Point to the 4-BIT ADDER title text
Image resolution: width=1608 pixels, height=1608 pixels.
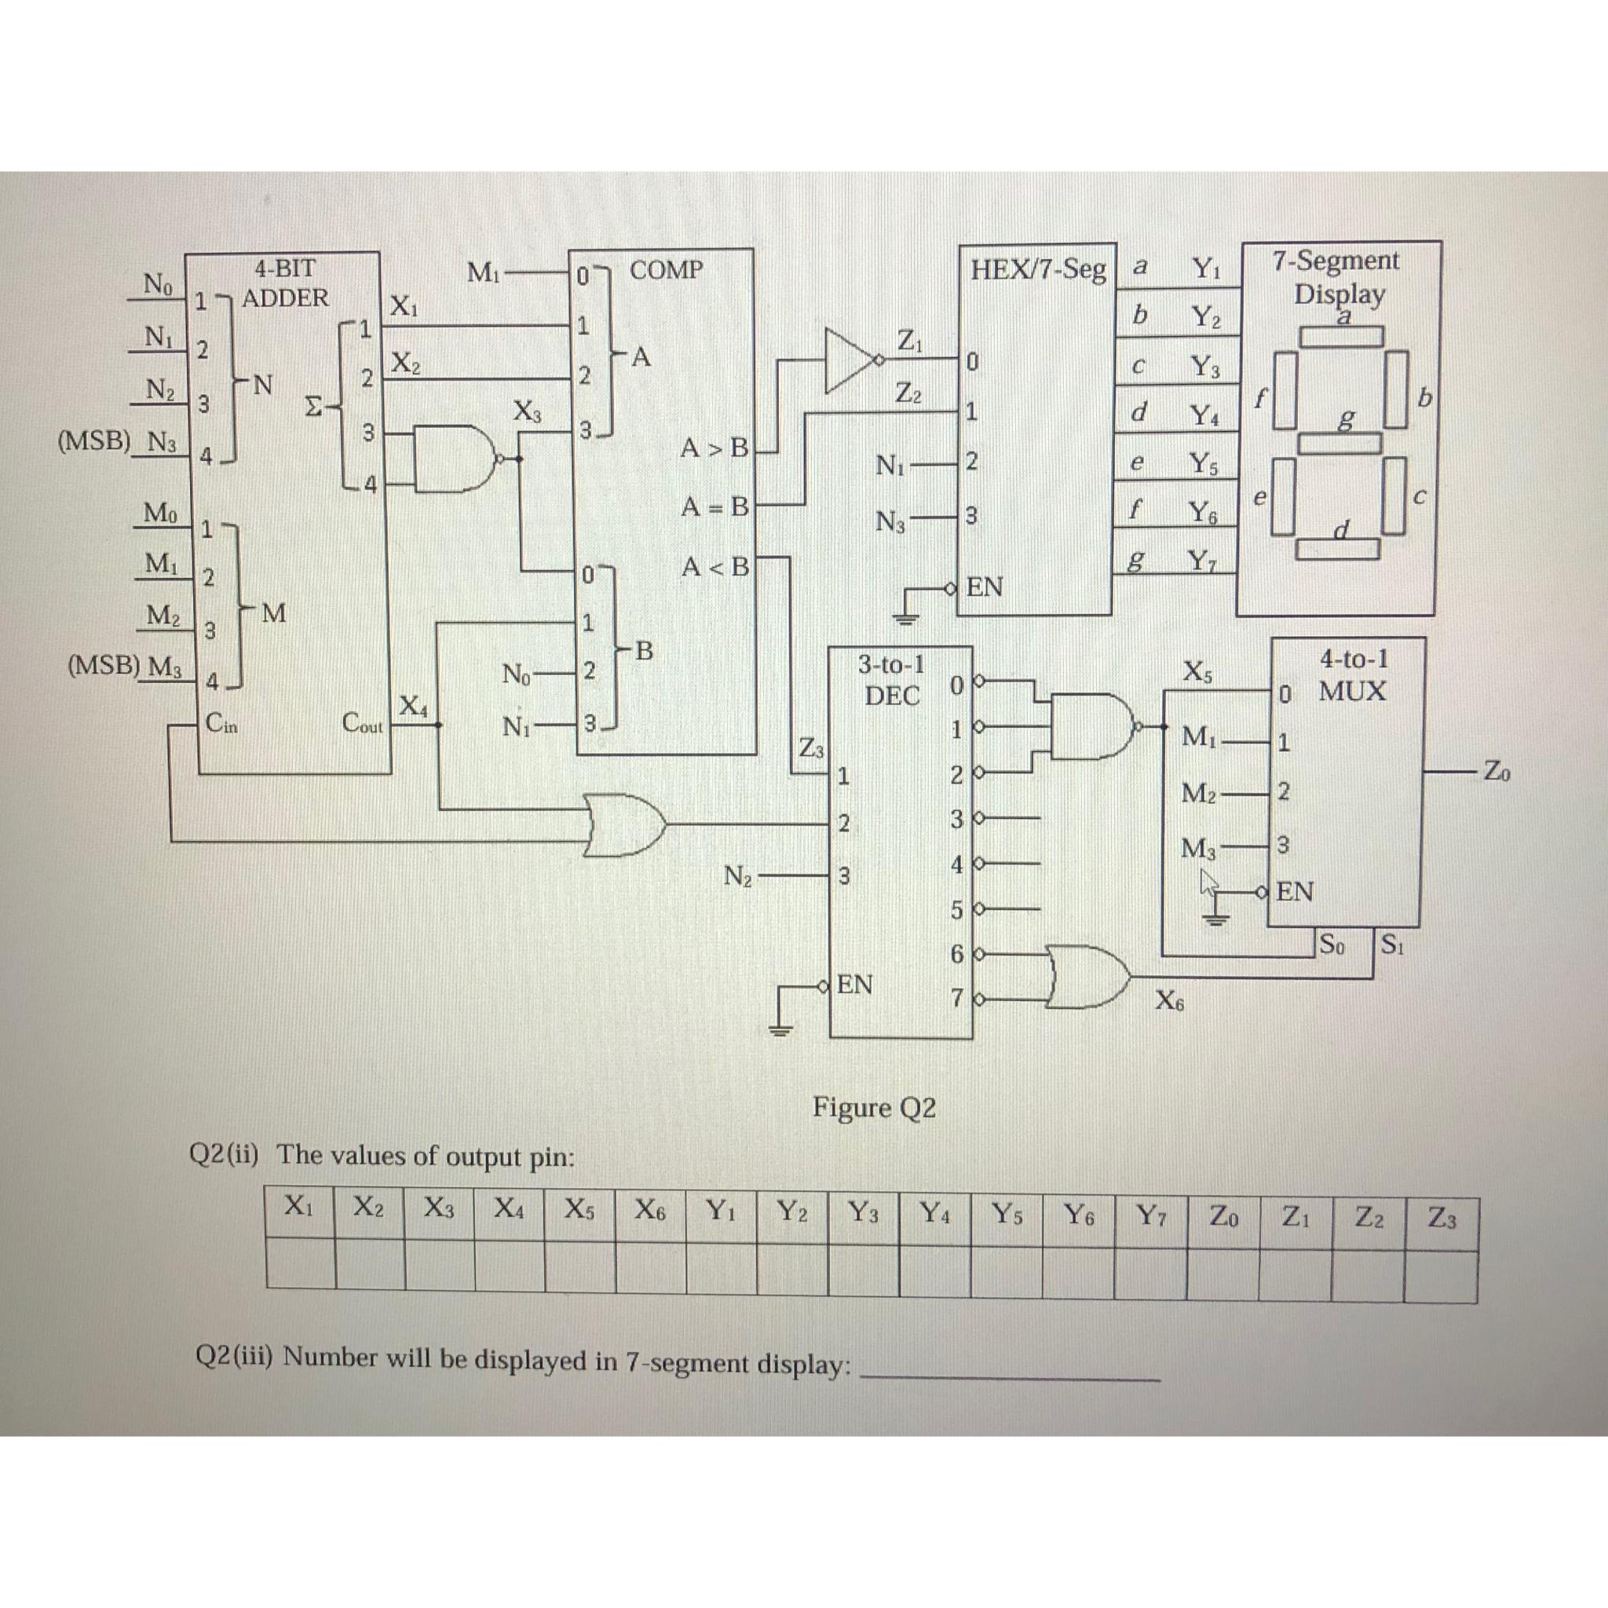pos(286,283)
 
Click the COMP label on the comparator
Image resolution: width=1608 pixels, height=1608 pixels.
pos(666,271)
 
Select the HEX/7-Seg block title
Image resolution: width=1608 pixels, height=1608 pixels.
pos(1038,269)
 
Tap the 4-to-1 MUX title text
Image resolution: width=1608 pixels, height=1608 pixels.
pos(1354,675)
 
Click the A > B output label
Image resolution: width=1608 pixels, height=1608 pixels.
pos(714,448)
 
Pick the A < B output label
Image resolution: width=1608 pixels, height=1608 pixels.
pos(714,568)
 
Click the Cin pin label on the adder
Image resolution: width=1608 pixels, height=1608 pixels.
pos(221,723)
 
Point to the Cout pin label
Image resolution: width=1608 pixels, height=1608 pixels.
pos(363,723)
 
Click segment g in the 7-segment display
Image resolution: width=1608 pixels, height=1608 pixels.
pos(1340,442)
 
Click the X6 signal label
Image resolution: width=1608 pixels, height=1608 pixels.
pos(1169,1002)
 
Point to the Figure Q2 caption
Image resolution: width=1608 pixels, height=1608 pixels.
pos(874,1108)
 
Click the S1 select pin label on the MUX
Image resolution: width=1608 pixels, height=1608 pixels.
pos(1391,945)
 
